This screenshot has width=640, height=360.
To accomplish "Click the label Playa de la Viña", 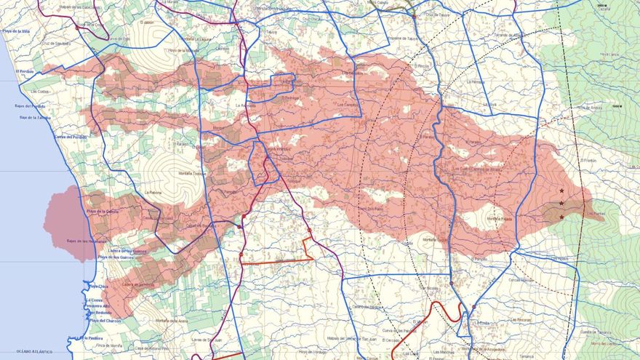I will tap(15, 31).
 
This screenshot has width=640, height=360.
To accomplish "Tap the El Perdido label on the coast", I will tap(25, 71).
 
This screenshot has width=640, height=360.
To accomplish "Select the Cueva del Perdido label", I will tap(71, 137).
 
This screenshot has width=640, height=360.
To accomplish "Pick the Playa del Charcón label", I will tap(104, 321).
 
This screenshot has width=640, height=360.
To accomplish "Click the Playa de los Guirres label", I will tap(114, 257).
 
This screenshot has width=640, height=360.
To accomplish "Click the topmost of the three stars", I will tap(561, 191).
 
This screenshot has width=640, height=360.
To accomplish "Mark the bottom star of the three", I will tap(561, 217).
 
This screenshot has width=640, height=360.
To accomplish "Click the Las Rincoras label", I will tap(521, 319).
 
